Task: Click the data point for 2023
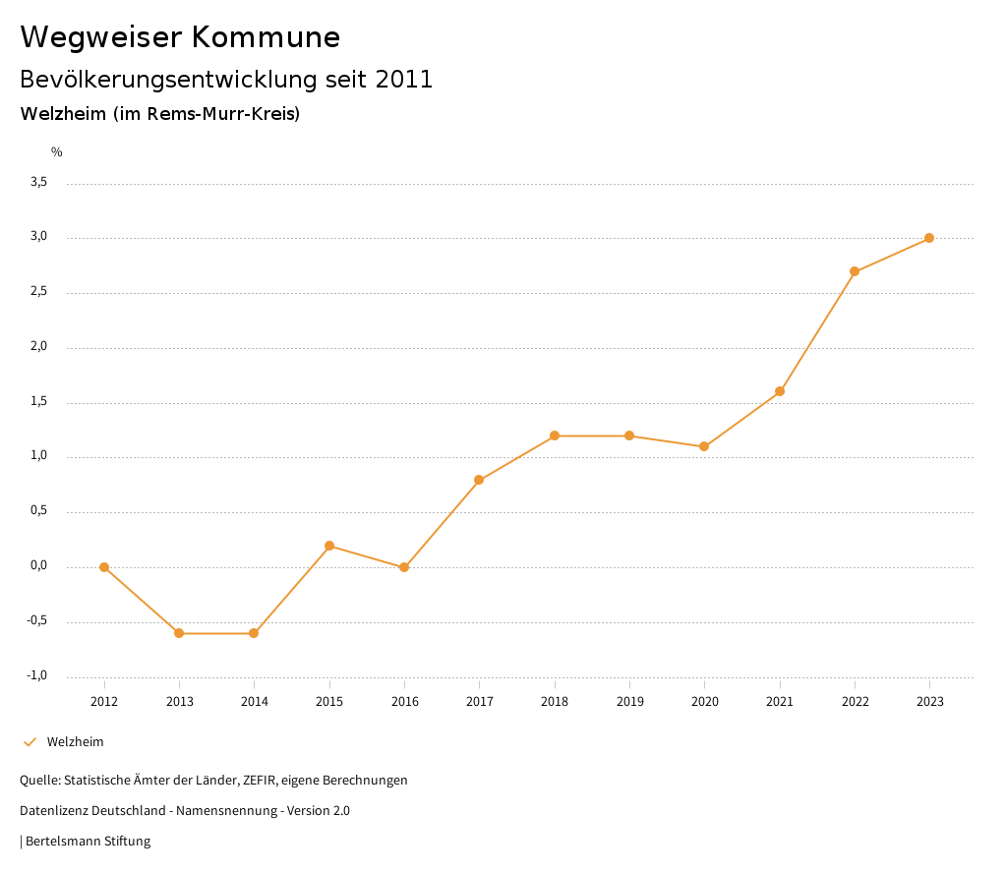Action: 929,238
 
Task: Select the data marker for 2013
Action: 179,633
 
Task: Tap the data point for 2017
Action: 479,480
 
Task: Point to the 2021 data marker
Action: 780,391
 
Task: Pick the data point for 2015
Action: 329,546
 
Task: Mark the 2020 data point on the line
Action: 704,446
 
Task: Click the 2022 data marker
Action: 855,271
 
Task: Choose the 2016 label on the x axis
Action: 404,701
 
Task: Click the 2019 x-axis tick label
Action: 629,701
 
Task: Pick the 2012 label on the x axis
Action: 104,701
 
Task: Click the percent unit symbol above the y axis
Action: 57,152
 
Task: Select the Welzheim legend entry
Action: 75,742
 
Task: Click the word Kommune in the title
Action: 266,37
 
